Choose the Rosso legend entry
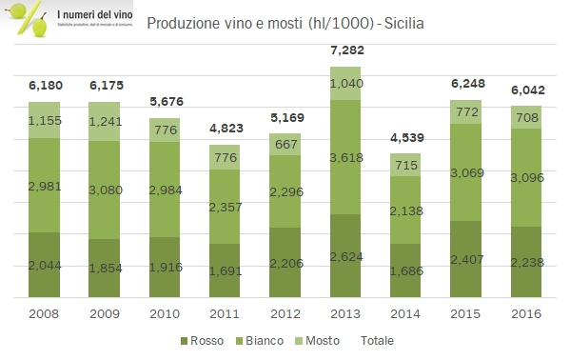pyautogui.click(x=204, y=340)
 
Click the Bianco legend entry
pyautogui.click(x=262, y=340)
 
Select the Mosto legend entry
pyautogui.click(x=323, y=340)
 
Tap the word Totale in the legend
pyautogui.click(x=376, y=340)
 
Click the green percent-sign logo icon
pyautogui.click(x=26, y=21)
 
